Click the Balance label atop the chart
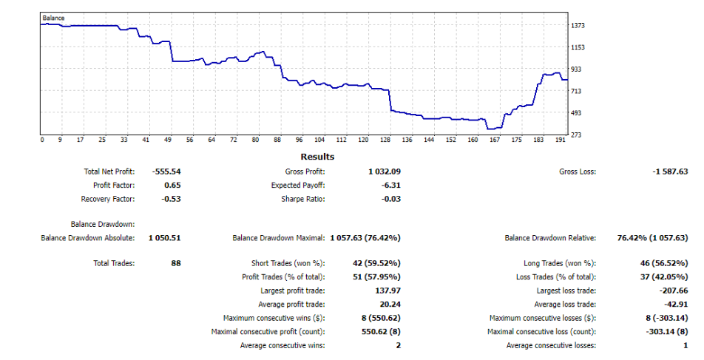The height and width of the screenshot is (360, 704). click(53, 16)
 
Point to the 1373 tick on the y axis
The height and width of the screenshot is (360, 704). click(578, 25)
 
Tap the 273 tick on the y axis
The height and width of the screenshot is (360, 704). click(576, 135)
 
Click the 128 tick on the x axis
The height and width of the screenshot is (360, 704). click(385, 140)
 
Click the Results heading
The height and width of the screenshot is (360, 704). click(317, 157)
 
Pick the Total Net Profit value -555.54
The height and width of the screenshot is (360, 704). click(166, 171)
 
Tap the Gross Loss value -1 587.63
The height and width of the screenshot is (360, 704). click(670, 171)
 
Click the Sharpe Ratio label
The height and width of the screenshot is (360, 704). click(302, 199)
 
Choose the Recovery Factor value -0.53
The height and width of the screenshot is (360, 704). click(171, 199)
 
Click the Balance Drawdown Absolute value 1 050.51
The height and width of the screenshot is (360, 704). click(164, 238)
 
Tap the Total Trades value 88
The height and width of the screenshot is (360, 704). click(175, 263)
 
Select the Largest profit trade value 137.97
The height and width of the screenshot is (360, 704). click(387, 291)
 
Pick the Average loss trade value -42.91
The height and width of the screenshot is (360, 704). click(677, 305)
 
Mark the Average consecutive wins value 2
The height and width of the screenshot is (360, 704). click(398, 346)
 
